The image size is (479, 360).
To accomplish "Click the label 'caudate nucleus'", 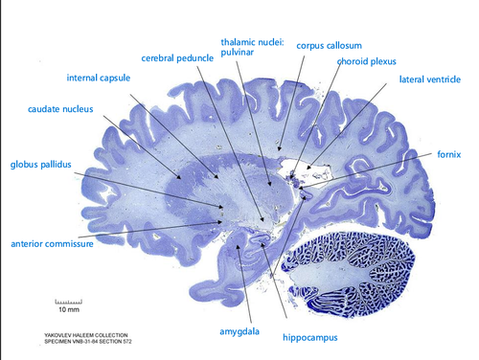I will tap(60, 110).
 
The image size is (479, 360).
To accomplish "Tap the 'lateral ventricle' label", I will tap(430, 79).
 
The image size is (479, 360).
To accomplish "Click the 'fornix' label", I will tap(449, 153).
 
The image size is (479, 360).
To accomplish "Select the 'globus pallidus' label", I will tap(41, 165).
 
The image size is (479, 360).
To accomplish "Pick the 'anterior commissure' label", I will tap(52, 243).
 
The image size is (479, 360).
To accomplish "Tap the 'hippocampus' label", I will tap(311, 337).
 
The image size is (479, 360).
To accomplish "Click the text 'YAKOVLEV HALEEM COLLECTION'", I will tap(73, 335).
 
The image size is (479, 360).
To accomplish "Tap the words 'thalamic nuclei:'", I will tap(250, 43).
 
